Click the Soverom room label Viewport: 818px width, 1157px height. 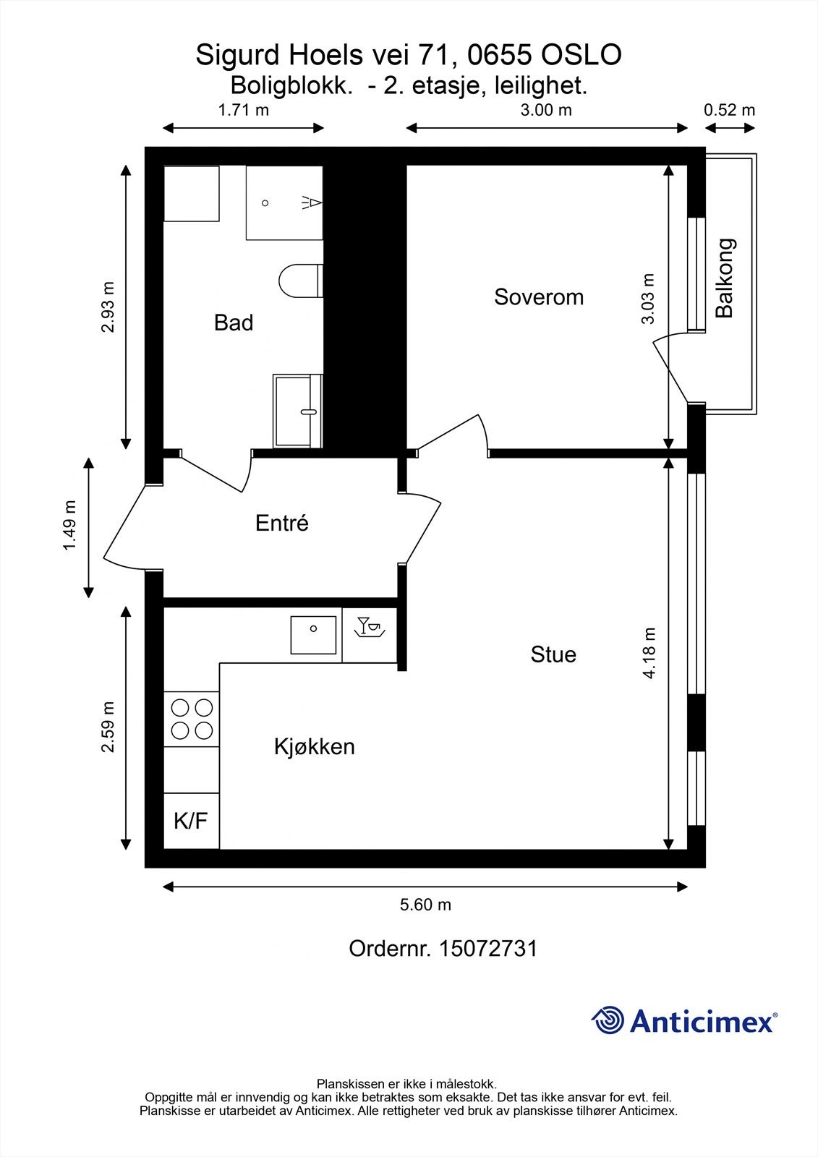pos(539,297)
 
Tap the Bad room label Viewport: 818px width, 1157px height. pos(234,323)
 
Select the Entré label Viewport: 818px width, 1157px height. pos(282,523)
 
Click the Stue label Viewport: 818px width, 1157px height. pos(553,654)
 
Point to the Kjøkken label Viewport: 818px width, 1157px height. pos(315,746)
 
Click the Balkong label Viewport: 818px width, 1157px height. pos(725,278)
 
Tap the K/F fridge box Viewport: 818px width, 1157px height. pos(191,821)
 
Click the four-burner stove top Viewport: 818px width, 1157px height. pos(192,719)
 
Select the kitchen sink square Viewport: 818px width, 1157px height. pos(313,634)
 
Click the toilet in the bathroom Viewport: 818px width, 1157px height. pos(299,281)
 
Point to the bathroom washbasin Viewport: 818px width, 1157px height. pos(297,411)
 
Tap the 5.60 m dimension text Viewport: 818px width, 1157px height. pos(426,905)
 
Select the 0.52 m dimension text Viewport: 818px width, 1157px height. pos(729,110)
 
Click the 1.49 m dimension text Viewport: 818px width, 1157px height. pos(69,526)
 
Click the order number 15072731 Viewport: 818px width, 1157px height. pos(488,949)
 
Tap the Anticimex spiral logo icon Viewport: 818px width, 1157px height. pos(608,1020)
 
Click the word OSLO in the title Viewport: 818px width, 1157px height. pos(581,56)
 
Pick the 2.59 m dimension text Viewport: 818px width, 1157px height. pos(108,727)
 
